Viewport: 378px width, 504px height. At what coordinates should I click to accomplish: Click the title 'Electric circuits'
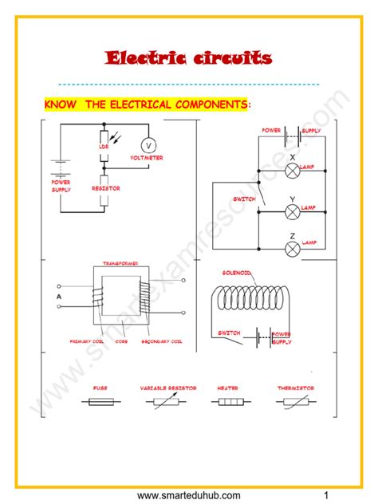coord(189,58)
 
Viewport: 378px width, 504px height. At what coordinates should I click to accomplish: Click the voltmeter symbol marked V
coord(148,145)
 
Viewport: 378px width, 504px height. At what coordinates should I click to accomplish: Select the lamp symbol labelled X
coord(292,170)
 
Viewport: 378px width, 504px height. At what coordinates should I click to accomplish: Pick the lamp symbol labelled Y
coord(292,210)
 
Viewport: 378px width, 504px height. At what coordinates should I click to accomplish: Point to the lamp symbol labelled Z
coord(292,248)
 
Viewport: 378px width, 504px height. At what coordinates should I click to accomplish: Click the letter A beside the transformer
coord(58,297)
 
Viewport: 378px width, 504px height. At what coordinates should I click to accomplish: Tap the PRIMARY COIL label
coord(86,341)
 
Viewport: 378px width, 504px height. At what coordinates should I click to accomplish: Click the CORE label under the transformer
coord(122,341)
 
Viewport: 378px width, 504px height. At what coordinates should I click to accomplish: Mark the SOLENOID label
coord(237,273)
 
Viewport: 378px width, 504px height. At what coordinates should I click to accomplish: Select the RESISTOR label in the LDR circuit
coord(105,188)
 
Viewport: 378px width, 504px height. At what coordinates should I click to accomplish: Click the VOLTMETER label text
coord(148,158)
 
